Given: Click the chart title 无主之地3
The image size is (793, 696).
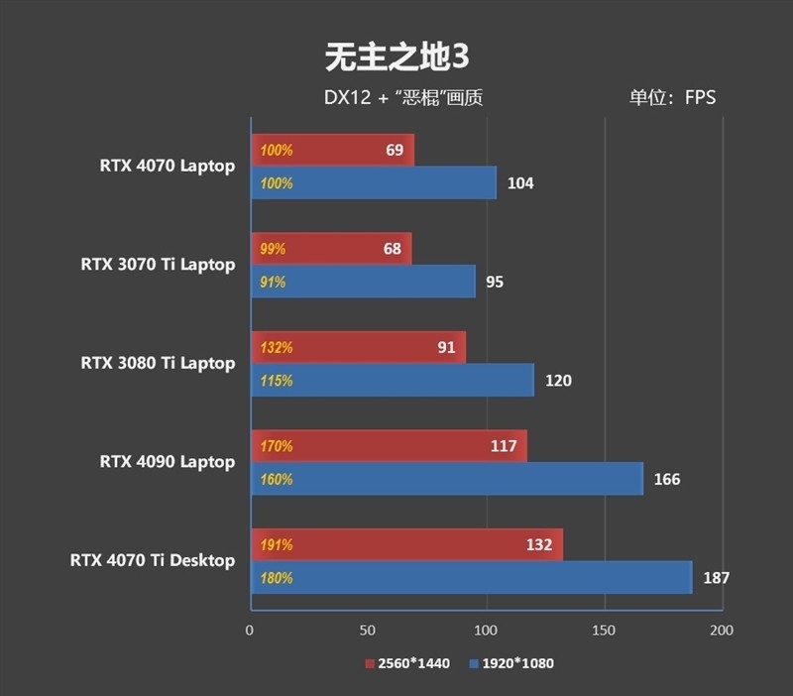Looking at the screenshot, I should pos(396,58).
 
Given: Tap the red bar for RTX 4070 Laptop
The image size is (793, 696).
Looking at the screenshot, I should pos(332,151).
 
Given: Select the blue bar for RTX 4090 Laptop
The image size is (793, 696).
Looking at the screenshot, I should pos(446,480).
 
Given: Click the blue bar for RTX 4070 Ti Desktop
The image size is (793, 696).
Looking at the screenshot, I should pos(471,578).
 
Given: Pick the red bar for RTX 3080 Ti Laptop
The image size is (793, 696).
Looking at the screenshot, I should pos(358,348).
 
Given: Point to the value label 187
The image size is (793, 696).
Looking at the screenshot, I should pos(718,578).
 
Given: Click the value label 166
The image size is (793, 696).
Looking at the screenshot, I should pos(667,480).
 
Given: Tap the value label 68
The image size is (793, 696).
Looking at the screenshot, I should pos(393,249).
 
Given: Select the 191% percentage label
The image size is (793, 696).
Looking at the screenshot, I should pos(276,545).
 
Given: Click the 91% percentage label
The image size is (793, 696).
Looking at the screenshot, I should pos(273,283).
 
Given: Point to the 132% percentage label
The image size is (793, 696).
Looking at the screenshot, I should pos(276,348).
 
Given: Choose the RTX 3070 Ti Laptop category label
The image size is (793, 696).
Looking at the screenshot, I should pos(158,265).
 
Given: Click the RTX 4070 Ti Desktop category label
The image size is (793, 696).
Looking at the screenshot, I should pos(153,560).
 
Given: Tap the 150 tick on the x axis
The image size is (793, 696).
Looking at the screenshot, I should pos(604,631).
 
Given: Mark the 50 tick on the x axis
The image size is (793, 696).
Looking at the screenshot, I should pos(368,631).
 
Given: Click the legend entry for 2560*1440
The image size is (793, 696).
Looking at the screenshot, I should pos(407,663).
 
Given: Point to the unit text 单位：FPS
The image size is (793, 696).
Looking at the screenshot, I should pos(671,98).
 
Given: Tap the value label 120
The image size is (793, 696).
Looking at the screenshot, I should pos(559,381).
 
